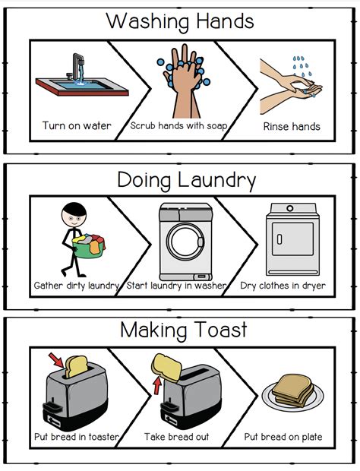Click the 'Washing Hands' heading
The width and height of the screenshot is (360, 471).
click(x=180, y=21)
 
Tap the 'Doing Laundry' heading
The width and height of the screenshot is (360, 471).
click(x=186, y=180)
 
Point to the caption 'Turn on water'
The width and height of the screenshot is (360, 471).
click(x=76, y=125)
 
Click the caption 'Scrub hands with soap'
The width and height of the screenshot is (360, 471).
click(x=178, y=125)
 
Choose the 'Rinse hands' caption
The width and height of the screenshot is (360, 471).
click(x=291, y=125)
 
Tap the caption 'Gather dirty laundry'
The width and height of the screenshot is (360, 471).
click(x=77, y=286)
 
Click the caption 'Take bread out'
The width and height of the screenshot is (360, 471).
click(x=177, y=437)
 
